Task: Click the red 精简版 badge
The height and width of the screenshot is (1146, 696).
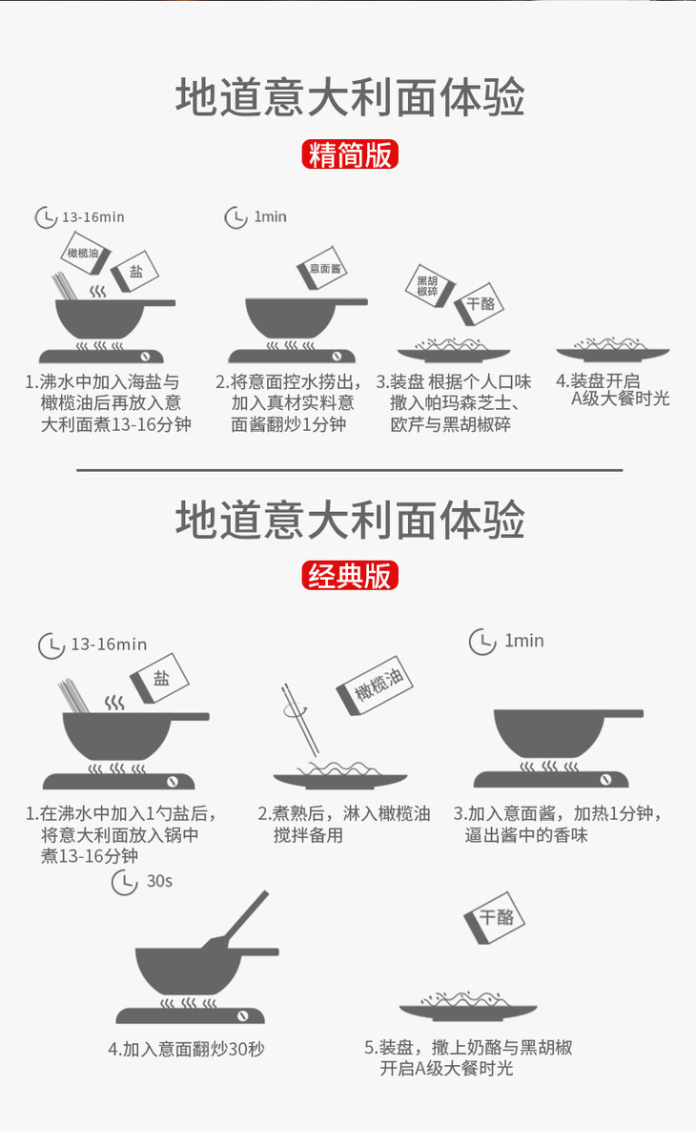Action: (x=350, y=154)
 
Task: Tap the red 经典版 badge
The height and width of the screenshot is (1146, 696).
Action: (x=350, y=575)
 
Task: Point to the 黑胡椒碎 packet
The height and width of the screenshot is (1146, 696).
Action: (x=430, y=285)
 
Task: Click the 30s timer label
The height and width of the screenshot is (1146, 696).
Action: (x=159, y=881)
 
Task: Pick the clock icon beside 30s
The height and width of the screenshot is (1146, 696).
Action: (x=124, y=882)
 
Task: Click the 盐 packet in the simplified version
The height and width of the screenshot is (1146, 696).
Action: (x=134, y=271)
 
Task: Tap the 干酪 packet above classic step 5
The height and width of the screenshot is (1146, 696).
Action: (x=495, y=918)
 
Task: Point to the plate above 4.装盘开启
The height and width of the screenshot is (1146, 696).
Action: (x=613, y=351)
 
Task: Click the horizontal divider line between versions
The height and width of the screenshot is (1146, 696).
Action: (x=350, y=470)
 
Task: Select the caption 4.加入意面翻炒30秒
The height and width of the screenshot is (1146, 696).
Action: (x=186, y=1050)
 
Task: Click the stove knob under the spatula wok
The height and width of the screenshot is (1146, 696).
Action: (x=243, y=1016)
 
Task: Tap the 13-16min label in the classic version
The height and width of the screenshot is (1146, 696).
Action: (x=109, y=645)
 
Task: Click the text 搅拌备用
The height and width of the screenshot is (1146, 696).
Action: (x=308, y=835)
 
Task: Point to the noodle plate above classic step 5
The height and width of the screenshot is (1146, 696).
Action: (x=468, y=1007)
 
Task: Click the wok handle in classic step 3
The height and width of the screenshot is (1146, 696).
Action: (x=624, y=713)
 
